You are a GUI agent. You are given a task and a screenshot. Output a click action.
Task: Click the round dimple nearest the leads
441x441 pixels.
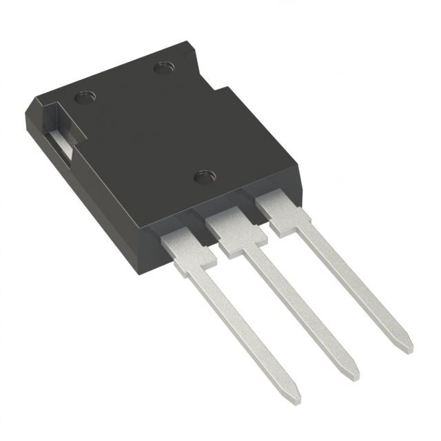coord(203,177)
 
